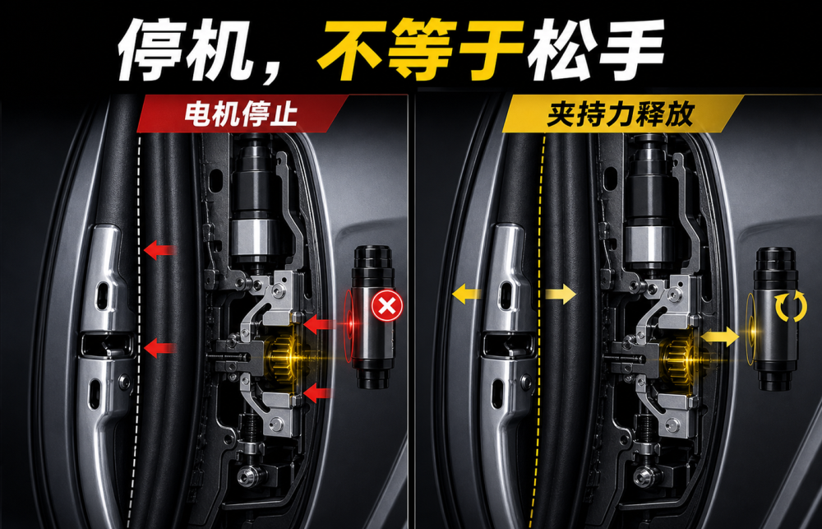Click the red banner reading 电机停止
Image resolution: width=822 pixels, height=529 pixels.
(242, 114)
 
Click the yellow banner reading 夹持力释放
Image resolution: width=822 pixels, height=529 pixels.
(621, 114)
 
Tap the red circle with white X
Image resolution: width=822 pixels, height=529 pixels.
(387, 305)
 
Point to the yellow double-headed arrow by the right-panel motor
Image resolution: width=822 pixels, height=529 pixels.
(720, 337)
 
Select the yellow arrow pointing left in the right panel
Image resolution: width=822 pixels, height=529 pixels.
(467, 294)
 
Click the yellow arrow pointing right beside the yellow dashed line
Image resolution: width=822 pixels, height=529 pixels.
(561, 294)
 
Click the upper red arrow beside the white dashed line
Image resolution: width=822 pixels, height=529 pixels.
(159, 249)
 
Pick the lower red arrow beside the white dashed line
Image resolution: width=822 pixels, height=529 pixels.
(159, 347)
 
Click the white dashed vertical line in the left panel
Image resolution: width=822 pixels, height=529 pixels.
(136, 332)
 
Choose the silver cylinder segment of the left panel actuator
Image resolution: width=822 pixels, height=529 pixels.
(254, 239)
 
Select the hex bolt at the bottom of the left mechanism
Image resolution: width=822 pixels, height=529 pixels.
(249, 476)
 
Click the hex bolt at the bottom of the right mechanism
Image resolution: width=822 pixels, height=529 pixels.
(645, 477)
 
